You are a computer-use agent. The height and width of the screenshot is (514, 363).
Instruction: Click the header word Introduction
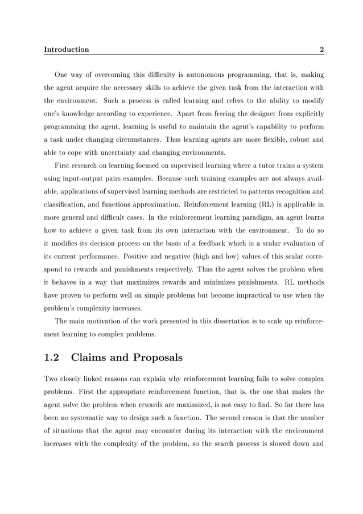(x=67, y=50)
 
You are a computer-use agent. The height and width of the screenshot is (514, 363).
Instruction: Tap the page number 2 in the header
(x=321, y=50)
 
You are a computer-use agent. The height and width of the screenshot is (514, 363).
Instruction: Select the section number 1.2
(x=53, y=358)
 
